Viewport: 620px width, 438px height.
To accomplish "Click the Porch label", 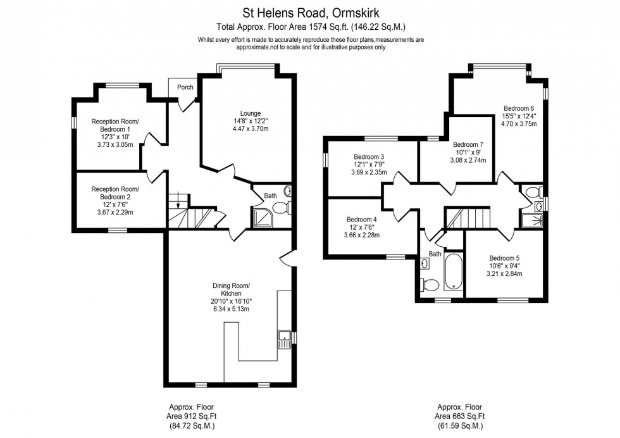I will coord(185,87).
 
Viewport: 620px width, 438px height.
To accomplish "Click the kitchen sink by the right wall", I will coord(283,340).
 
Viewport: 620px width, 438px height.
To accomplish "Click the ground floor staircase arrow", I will coord(179,203).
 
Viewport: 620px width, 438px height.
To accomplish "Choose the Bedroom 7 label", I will coord(468,144).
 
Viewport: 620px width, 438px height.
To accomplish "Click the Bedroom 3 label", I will coord(369,156).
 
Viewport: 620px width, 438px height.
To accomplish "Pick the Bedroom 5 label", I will coord(504,258).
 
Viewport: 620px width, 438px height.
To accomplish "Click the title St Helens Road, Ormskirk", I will coord(310,12).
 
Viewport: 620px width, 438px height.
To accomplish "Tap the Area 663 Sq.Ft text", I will coord(460,416).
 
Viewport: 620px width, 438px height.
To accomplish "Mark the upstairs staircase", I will coord(468,219).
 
